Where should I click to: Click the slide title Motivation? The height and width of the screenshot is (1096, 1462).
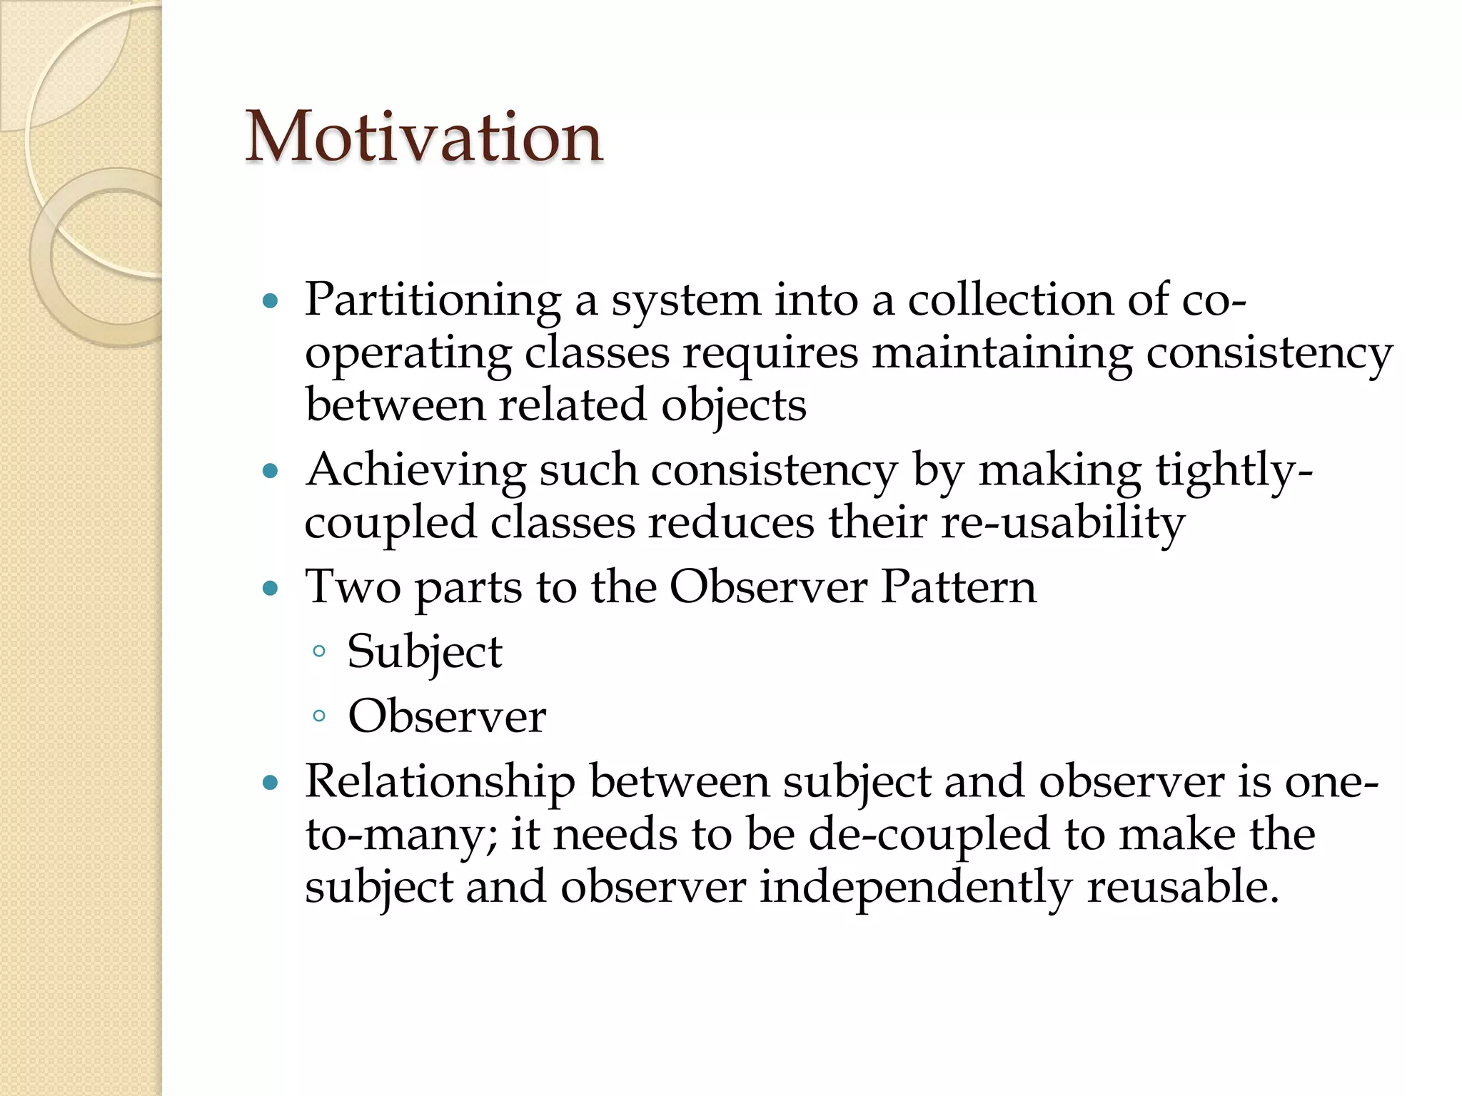pos(424,137)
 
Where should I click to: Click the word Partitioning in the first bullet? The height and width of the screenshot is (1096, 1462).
pos(433,300)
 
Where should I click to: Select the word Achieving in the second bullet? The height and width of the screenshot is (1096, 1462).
pos(415,471)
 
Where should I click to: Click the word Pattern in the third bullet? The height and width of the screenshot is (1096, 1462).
pos(958,587)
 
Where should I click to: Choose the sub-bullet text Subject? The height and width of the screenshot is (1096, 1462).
pos(425,651)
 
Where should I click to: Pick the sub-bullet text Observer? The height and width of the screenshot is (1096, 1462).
pos(447,716)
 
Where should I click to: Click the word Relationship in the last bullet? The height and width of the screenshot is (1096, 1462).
pos(440,782)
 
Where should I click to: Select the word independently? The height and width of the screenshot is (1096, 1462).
pos(916,888)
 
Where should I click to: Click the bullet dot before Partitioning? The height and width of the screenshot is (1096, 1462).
pos(270,301)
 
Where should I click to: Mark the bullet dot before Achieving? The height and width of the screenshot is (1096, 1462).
pos(270,471)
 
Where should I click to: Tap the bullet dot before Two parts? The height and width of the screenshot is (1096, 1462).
pos(270,589)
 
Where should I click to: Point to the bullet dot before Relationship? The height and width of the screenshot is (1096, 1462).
pos(270,783)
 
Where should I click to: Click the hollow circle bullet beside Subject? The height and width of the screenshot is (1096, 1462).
pos(319,651)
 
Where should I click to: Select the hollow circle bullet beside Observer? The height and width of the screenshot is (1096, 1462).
pos(319,716)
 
